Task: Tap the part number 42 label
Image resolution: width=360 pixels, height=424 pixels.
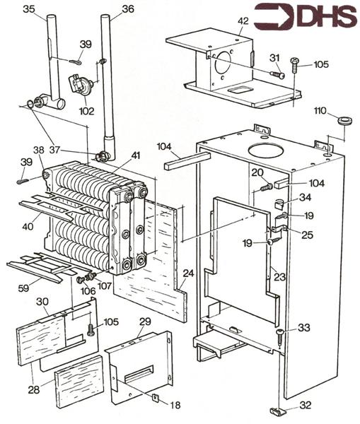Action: click(243, 21)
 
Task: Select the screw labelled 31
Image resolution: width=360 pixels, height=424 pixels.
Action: click(277, 73)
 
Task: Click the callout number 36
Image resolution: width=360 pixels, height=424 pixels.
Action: click(127, 9)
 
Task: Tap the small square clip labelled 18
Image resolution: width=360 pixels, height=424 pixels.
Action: click(156, 398)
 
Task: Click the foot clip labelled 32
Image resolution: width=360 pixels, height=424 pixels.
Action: click(279, 411)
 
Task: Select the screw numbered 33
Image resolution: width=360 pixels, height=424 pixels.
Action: click(280, 335)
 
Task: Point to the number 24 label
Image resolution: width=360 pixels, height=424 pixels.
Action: click(188, 273)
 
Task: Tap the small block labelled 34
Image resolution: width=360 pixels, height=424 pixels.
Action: click(279, 203)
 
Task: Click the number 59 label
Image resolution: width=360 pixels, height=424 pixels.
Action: click(23, 288)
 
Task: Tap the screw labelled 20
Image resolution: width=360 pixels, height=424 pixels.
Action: click(267, 187)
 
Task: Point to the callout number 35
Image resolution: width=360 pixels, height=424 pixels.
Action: click(29, 9)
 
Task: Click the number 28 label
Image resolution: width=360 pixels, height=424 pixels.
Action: click(34, 389)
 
